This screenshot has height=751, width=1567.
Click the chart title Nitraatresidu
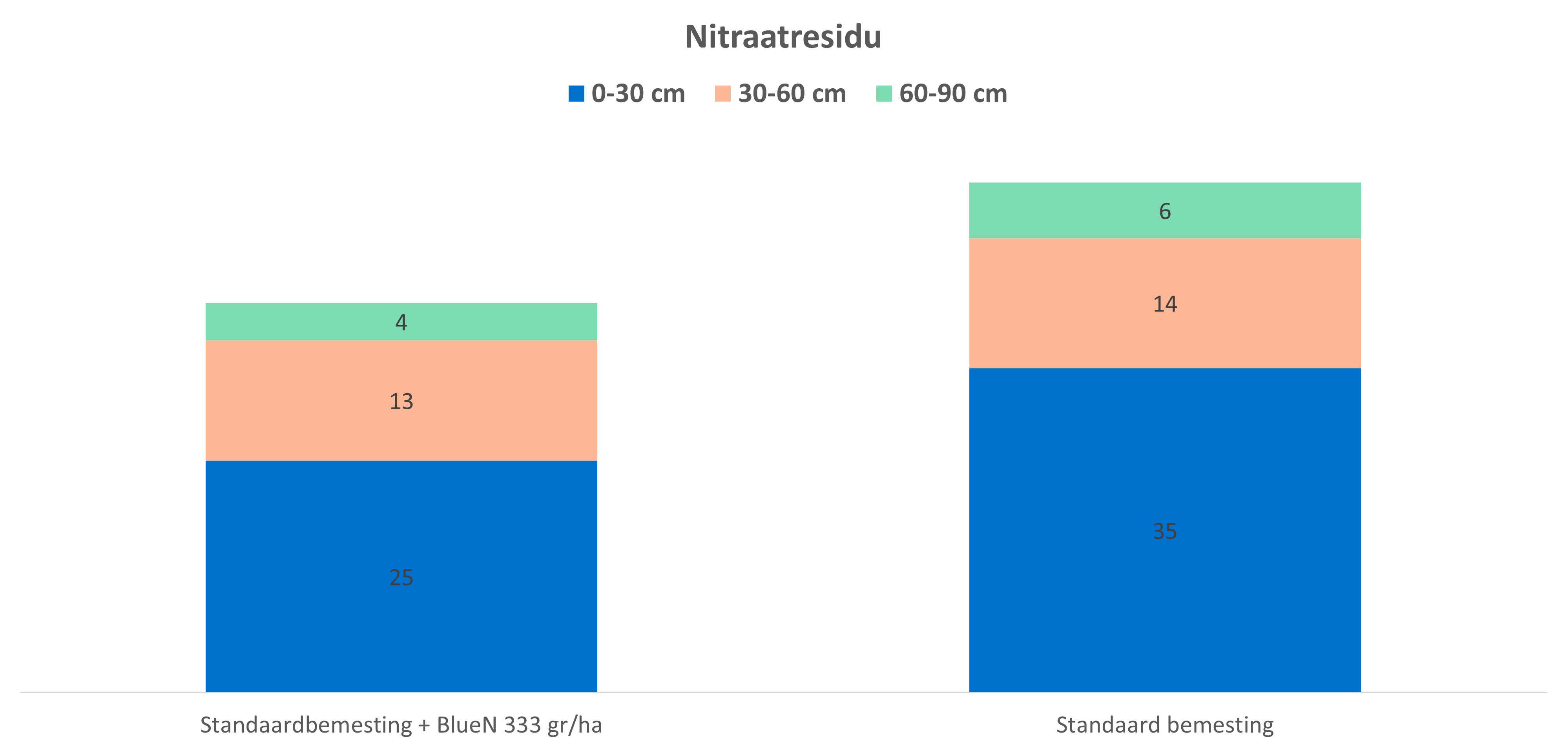[x=783, y=37]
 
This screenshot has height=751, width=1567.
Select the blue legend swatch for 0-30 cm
[x=576, y=94]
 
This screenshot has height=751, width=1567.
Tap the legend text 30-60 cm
[x=792, y=94]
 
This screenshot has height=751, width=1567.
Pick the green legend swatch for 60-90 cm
[x=883, y=94]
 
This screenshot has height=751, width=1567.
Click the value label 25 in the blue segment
[x=401, y=577]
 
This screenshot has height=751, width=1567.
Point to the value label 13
[x=401, y=401]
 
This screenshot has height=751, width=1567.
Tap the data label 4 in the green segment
[x=401, y=322]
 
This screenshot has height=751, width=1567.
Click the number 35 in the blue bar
[x=1164, y=531]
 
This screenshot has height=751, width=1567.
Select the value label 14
[x=1164, y=303]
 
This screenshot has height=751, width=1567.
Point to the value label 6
[x=1164, y=211]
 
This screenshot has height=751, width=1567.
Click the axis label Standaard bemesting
[x=1164, y=725]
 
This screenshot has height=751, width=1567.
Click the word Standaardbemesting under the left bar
[x=306, y=725]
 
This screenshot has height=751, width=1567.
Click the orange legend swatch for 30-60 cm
[x=722, y=94]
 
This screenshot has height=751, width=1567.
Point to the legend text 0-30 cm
[x=638, y=94]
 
